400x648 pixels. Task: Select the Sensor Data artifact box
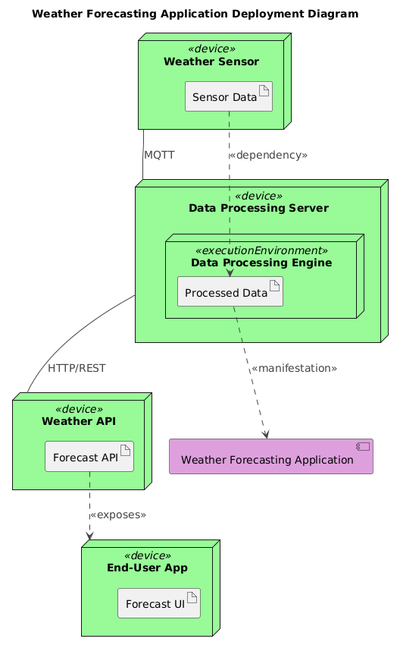pos(228,97)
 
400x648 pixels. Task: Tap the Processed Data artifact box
pos(230,292)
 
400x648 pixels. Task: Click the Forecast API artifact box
pos(89,457)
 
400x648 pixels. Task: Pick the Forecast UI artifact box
pos(158,602)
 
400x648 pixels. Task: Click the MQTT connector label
pos(159,155)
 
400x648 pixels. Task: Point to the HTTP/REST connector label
pos(77,368)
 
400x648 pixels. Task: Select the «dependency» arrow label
pos(268,155)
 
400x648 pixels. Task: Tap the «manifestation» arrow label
pos(293,368)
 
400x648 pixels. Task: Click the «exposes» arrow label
pos(117,515)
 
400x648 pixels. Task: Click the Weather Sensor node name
pos(211,61)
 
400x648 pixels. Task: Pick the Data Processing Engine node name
pos(261,263)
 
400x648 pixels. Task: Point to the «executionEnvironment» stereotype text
pos(261,250)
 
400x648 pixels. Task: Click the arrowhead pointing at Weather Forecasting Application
pos(266,433)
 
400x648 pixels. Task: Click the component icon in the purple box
pos(363,447)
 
